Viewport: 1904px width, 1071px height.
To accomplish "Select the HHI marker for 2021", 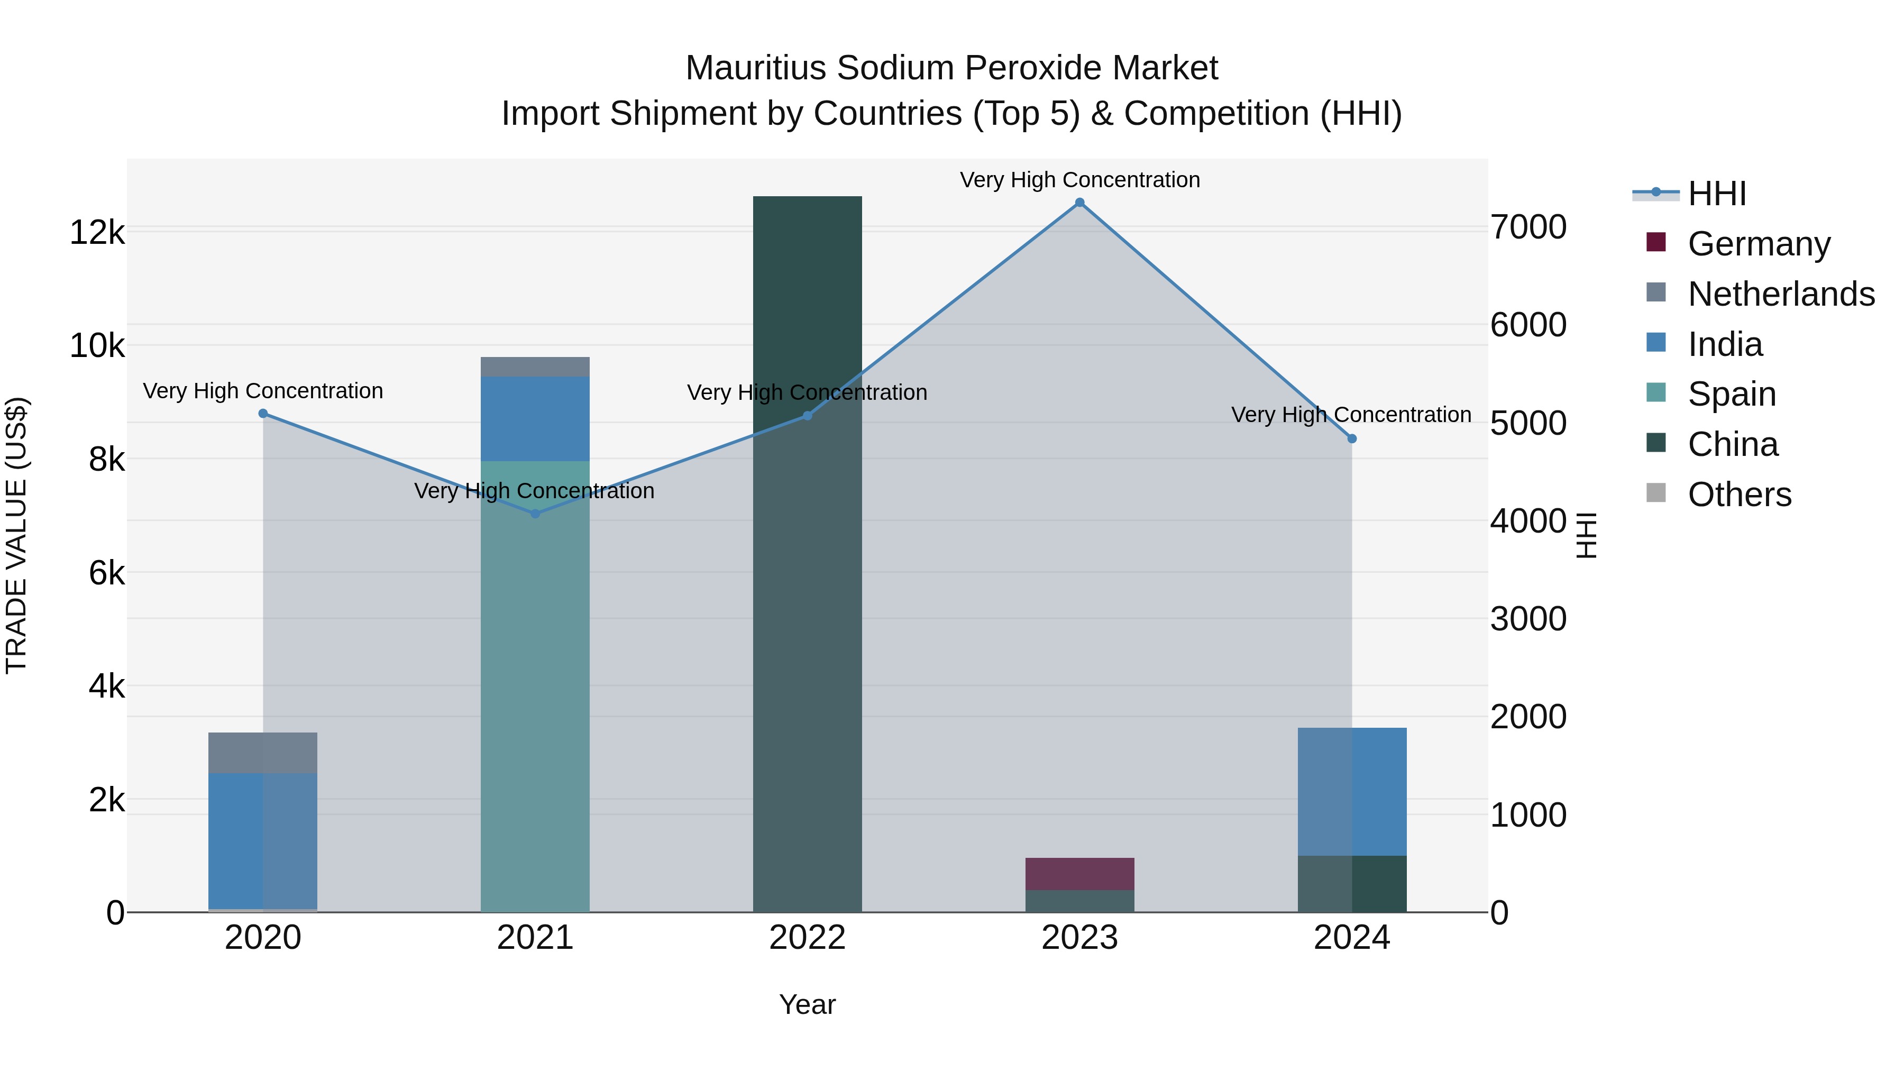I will point(535,514).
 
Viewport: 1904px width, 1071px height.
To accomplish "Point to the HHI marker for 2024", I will point(1352,439).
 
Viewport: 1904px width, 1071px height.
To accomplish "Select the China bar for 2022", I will point(807,554).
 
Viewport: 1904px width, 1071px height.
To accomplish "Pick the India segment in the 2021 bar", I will point(535,418).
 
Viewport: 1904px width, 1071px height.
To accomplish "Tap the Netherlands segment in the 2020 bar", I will point(263,753).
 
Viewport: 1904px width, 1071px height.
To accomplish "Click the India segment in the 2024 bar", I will point(1352,792).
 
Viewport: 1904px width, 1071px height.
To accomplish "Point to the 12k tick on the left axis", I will point(97,233).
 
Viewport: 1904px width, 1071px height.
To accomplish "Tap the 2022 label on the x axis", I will point(807,938).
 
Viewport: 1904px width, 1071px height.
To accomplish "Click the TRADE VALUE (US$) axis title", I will point(17,535).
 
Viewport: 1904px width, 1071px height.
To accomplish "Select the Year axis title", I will point(807,1004).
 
